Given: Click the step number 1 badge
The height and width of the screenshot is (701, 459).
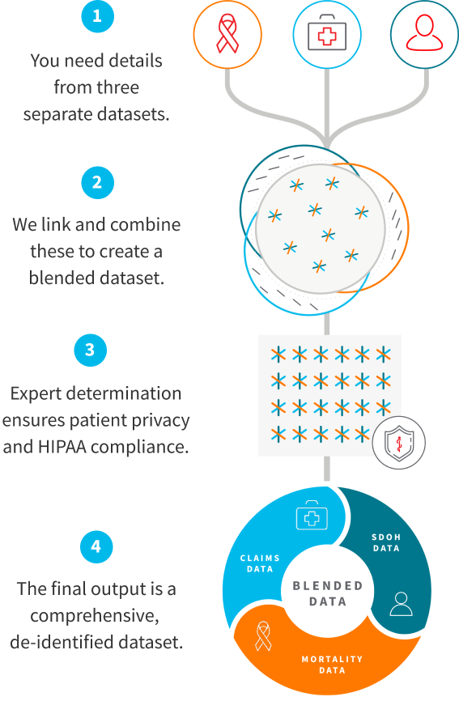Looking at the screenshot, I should pyautogui.click(x=96, y=17).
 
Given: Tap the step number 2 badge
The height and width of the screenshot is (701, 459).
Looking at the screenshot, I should pyautogui.click(x=96, y=183).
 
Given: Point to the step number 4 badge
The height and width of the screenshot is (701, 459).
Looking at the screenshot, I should pyautogui.click(x=96, y=546).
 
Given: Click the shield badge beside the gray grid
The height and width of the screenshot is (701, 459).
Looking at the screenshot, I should pyautogui.click(x=398, y=443).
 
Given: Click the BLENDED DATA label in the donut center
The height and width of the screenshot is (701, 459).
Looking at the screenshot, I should pyautogui.click(x=327, y=593).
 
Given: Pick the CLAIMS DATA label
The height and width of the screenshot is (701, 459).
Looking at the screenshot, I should pyautogui.click(x=259, y=563).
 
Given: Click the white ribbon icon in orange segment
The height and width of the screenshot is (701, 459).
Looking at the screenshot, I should pyautogui.click(x=263, y=635).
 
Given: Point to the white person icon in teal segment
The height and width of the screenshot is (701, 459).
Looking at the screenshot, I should pyautogui.click(x=400, y=603).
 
